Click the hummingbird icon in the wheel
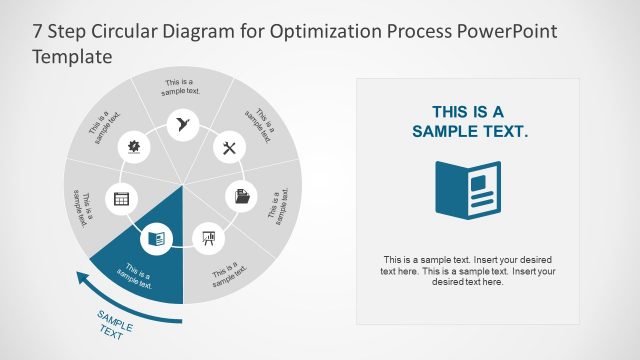[x=182, y=123]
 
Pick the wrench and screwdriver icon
[x=229, y=148]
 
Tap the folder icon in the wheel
[x=243, y=196]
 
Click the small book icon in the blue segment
[x=155, y=237]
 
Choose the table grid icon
[x=121, y=198]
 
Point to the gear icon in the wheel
[x=134, y=148]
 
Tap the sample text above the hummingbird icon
[x=181, y=87]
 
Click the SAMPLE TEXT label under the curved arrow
[x=113, y=326]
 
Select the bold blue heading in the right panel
[x=469, y=121]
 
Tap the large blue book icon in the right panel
[x=469, y=187]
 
